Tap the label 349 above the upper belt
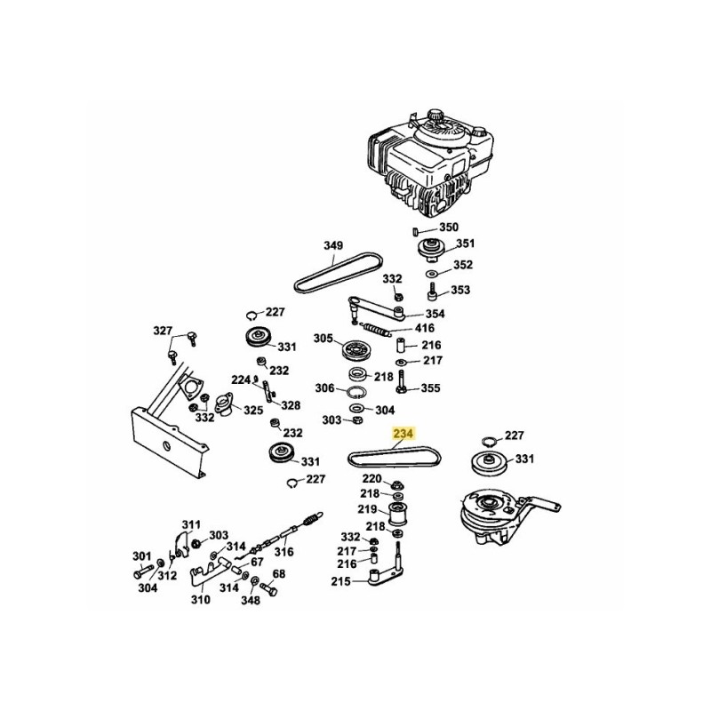coord(332,246)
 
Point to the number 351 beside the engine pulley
coord(466,244)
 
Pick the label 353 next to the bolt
coord(460,290)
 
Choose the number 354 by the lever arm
coord(435,314)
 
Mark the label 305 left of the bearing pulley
coord(322,339)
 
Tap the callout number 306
coord(324,388)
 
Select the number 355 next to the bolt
coord(430,388)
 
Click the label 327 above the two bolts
coord(162,331)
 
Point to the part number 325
coord(253,411)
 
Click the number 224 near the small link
coord(241,379)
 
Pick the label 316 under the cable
coord(283,552)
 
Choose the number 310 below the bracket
coord(200,600)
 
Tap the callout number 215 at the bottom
coord(340,581)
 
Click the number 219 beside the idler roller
coord(367,510)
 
